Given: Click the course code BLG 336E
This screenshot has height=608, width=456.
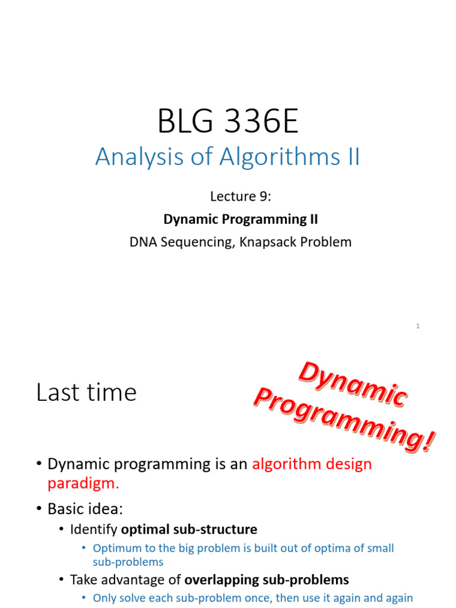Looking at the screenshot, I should (x=228, y=122).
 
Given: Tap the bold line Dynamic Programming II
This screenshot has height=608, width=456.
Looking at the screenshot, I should (x=240, y=219).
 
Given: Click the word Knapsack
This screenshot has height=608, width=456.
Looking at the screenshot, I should (x=267, y=242).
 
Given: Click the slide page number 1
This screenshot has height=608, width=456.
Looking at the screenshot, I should (x=418, y=326).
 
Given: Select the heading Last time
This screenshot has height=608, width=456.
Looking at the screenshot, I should (x=86, y=392).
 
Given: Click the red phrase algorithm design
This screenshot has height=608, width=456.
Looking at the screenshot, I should (x=312, y=464).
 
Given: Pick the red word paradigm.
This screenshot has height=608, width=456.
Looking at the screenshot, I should (x=83, y=483).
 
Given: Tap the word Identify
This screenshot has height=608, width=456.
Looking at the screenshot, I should (x=94, y=529).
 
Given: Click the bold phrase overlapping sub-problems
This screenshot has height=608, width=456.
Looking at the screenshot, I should (x=267, y=579).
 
